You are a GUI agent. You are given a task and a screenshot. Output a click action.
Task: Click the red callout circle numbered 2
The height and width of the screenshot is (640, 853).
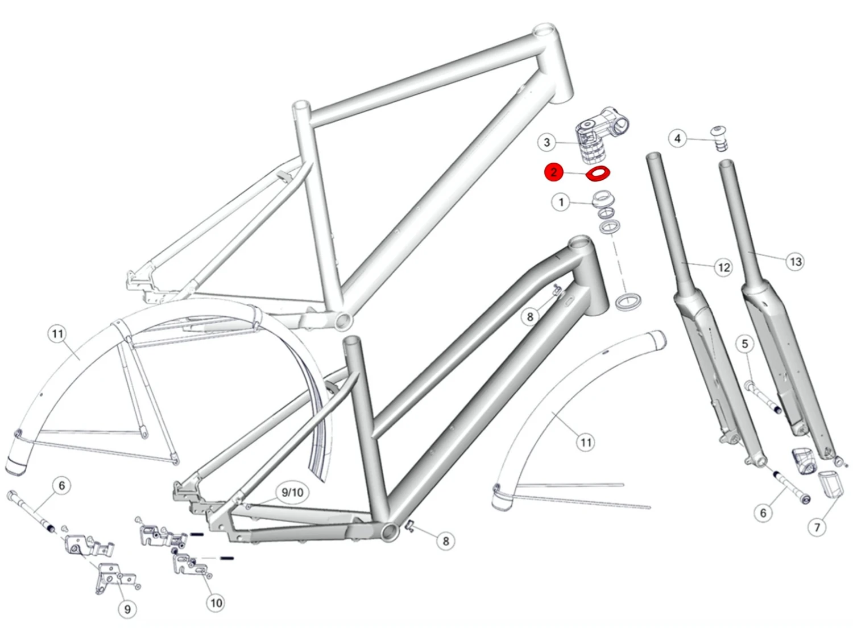554,172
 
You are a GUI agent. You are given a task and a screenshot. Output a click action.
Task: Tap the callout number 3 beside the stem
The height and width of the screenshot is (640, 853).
547,143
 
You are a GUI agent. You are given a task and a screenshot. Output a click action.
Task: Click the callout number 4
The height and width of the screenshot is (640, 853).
678,139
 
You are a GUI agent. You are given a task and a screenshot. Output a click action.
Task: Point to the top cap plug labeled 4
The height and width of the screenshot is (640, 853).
720,138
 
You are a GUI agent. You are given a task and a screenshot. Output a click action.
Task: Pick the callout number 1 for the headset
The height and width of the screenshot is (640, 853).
561,203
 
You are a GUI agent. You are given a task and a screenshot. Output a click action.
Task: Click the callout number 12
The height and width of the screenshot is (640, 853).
723,268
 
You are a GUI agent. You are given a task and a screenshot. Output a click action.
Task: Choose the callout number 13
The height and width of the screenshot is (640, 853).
795,262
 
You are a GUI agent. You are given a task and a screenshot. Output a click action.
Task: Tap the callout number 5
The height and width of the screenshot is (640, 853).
744,344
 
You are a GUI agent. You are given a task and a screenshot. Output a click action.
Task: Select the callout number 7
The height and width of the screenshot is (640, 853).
817,527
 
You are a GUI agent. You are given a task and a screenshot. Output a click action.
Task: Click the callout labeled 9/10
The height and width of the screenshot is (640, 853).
292,493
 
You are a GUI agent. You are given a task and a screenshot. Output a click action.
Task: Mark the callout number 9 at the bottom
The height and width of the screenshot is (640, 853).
127,609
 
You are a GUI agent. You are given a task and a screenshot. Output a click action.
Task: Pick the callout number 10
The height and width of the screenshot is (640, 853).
216,602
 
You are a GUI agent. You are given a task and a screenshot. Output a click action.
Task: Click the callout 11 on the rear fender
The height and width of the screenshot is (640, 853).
57,334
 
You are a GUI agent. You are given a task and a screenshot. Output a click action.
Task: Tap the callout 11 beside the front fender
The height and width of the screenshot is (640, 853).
586,442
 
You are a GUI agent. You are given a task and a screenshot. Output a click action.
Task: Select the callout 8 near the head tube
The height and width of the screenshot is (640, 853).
530,317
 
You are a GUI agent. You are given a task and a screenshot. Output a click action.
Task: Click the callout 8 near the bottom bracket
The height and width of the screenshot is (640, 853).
446,541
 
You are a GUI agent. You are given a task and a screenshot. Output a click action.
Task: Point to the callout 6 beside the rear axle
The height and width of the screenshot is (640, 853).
62,486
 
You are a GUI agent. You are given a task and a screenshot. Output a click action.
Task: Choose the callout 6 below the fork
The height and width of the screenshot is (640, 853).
763,513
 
